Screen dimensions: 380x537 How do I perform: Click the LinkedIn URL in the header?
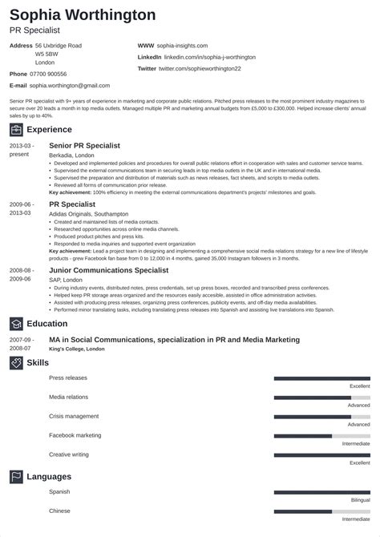coord(208,58)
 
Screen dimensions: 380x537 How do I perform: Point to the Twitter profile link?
coord(200,69)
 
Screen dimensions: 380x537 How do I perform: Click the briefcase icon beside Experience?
coord(16,128)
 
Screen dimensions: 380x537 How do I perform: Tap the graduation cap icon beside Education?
coord(16,325)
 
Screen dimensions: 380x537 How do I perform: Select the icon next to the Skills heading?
coord(16,363)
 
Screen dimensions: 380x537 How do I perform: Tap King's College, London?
coord(79,349)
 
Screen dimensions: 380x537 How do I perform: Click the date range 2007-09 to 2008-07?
coord(21,344)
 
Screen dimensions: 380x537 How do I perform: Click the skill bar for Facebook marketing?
coord(321,436)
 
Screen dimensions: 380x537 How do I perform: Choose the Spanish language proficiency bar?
coord(321,491)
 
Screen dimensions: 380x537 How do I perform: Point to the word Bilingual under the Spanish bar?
coord(360,499)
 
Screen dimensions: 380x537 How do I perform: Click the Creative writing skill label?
coord(68,454)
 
